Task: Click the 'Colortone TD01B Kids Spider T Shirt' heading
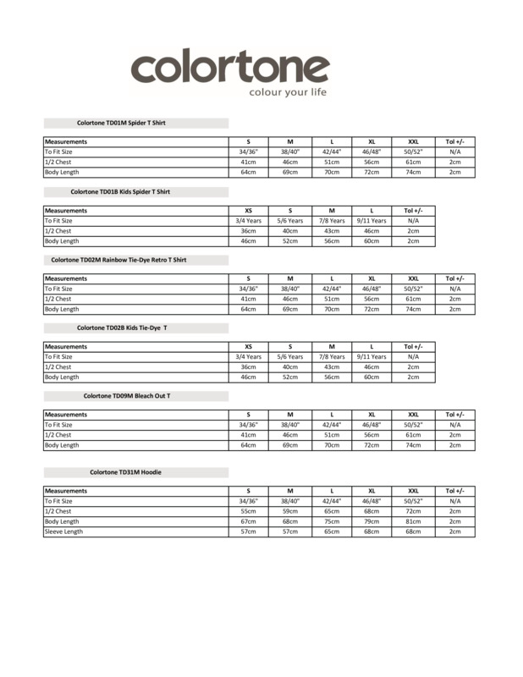tap(120, 191)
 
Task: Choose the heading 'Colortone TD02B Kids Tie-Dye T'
tap(122, 327)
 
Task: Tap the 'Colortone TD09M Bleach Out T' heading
tap(127, 396)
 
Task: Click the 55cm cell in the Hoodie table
tap(248, 511)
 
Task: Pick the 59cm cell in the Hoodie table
tap(289, 511)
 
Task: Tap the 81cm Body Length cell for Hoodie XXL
tap(413, 521)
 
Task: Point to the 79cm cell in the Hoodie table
tap(372, 521)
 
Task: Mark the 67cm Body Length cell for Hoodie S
tap(248, 521)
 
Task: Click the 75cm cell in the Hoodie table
tap(331, 521)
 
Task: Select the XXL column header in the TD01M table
tap(413, 141)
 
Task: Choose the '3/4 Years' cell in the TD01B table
tap(248, 220)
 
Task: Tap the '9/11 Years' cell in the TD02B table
tap(372, 357)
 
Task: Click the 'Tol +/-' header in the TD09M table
tap(454, 415)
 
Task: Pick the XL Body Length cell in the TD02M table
tap(372, 309)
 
